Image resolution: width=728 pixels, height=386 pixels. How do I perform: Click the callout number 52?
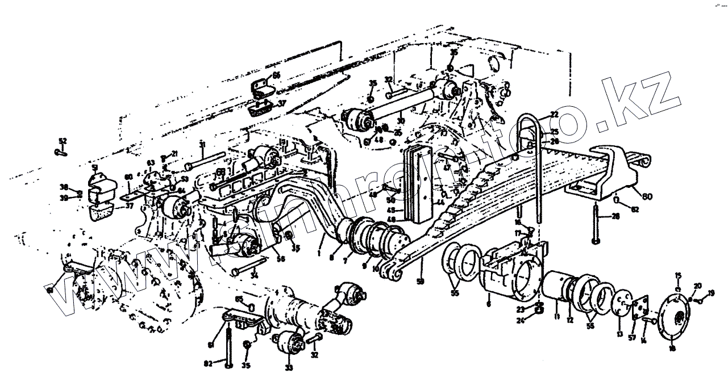pos(63,140)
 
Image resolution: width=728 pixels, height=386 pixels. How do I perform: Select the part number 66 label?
pos(276,75)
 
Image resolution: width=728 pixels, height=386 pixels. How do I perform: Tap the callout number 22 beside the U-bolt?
pos(554,115)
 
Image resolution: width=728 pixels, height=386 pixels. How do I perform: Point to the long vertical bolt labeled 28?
pos(595,224)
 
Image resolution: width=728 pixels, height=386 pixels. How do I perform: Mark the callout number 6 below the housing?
pos(489,304)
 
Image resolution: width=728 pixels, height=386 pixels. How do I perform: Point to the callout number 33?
pos(289,368)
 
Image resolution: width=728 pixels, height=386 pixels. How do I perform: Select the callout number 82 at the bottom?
pos(208,363)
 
